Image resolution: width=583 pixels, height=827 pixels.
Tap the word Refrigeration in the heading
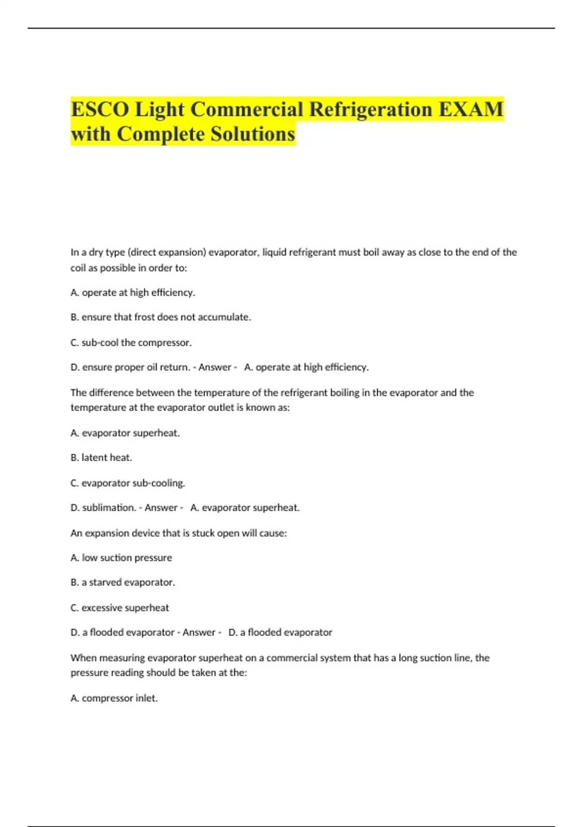[371, 109]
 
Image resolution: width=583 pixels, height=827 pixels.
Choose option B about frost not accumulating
[160, 317]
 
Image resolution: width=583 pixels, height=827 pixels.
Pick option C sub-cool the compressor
[131, 342]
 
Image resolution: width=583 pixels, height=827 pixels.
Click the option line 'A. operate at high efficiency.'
[133, 292]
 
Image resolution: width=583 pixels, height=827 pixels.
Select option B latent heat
[101, 457]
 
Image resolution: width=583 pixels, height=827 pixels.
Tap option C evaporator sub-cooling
[128, 483]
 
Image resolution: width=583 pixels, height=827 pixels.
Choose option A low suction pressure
[121, 557]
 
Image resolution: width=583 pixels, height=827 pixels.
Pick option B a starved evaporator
[122, 582]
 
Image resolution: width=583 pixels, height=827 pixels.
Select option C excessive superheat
[120, 608]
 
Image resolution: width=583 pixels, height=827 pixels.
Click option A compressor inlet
[114, 698]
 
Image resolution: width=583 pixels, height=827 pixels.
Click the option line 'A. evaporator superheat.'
[125, 433]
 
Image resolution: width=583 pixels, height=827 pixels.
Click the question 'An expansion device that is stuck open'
[178, 533]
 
